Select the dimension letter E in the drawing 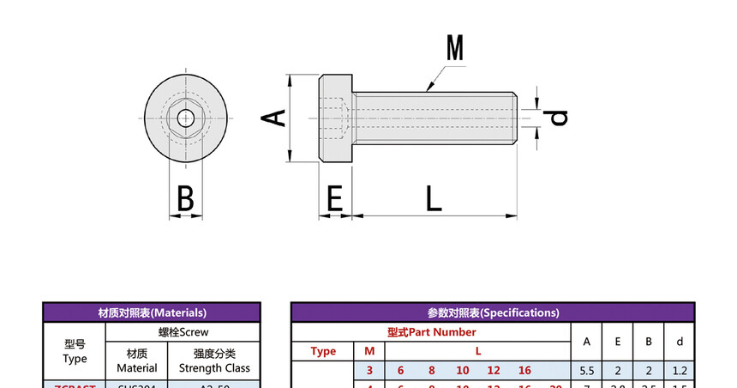point(334,198)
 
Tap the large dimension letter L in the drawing point(434,198)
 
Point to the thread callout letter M point(454,48)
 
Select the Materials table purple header point(152,312)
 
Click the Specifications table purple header point(493,312)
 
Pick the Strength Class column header point(214,361)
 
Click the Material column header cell point(136,361)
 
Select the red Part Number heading point(431,332)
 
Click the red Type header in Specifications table point(323,351)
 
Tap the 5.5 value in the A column point(587,371)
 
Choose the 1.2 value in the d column point(680,371)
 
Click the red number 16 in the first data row point(524,371)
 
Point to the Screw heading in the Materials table point(183,331)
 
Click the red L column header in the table point(478,351)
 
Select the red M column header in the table point(369,351)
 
